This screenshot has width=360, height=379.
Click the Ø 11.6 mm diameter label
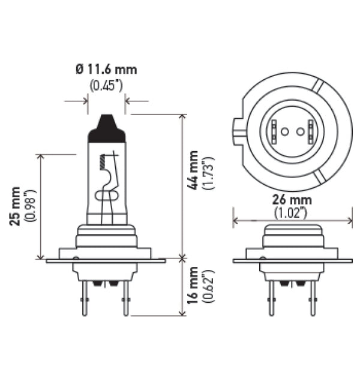107,70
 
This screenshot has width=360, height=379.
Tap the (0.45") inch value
106,85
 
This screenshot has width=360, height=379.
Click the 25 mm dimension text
16,204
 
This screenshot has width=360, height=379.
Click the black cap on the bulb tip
107,127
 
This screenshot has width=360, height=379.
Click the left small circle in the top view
284,131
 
